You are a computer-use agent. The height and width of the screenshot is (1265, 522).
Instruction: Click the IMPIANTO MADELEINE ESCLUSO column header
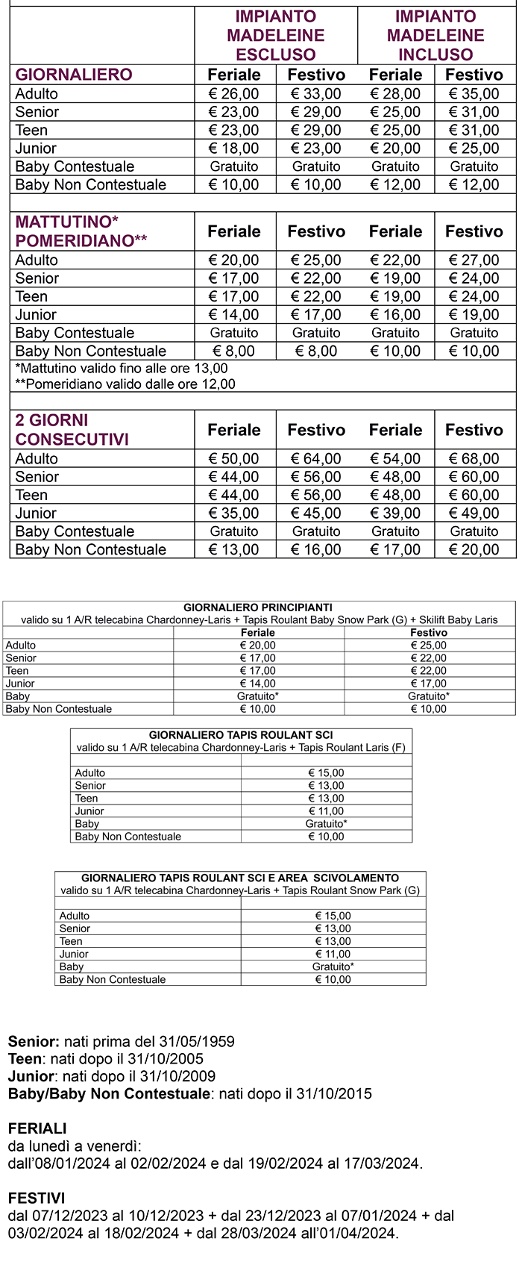click(x=276, y=35)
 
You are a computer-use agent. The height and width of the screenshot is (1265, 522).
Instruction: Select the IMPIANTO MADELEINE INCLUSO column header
click(x=435, y=35)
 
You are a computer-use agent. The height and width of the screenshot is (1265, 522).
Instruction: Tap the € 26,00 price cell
click(x=234, y=94)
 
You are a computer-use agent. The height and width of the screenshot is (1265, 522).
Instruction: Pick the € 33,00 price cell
click(x=316, y=94)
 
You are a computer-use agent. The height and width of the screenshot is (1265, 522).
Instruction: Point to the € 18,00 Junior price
click(x=234, y=149)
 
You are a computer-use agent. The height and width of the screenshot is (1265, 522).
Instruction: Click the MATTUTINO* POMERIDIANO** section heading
click(x=81, y=231)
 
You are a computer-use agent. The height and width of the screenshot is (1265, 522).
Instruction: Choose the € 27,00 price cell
click(x=474, y=260)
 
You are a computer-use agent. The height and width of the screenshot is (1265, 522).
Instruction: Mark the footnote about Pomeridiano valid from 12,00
click(x=125, y=384)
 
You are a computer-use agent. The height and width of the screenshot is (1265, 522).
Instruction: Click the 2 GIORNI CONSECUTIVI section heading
click(x=72, y=430)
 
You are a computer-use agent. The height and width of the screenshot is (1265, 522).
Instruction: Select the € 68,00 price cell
click(x=474, y=459)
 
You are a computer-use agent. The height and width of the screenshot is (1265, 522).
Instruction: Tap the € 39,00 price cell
click(x=395, y=513)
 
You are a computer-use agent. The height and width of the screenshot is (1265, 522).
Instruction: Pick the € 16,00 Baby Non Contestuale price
click(x=316, y=550)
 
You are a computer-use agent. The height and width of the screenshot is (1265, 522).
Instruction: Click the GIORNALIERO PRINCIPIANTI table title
click(x=258, y=607)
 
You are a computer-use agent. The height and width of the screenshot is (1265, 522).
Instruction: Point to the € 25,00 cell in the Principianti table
click(x=429, y=646)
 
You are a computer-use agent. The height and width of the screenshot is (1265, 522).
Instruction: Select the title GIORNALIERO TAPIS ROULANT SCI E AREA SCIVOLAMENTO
click(x=240, y=878)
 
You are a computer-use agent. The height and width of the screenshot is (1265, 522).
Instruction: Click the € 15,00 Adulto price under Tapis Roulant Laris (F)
click(x=326, y=773)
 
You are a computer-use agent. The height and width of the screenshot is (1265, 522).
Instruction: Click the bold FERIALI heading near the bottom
click(x=37, y=1128)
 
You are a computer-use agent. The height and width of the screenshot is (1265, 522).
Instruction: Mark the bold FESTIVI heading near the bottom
click(x=37, y=1199)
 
